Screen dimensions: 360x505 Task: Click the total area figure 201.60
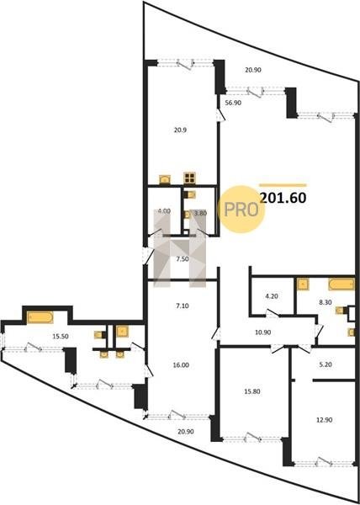(283, 199)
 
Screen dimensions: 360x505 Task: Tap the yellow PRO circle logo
(241, 210)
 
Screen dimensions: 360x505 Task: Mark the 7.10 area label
(183, 306)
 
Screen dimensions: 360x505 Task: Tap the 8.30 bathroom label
(323, 302)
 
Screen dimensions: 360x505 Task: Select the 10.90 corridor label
(262, 332)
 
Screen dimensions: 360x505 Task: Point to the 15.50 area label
(61, 336)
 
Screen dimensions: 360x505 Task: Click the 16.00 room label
(183, 365)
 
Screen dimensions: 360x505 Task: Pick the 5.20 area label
(333, 365)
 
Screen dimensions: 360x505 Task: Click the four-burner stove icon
(189, 178)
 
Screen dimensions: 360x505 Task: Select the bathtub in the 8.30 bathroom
(341, 284)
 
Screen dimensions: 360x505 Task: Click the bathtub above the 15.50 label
(40, 317)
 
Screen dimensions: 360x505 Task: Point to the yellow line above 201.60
(283, 185)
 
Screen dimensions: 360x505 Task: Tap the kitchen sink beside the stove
(165, 179)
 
